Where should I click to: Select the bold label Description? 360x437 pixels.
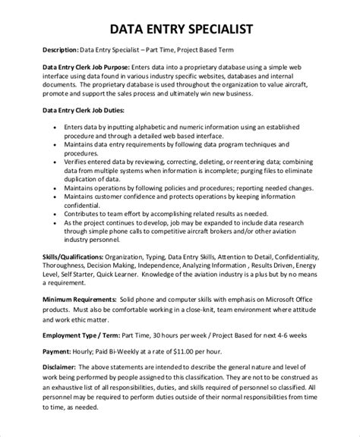click(49, 52)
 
